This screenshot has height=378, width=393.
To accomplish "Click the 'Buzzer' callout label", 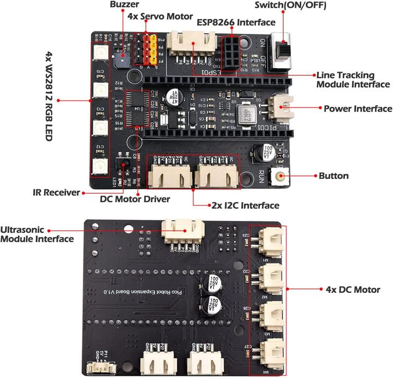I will [123, 5].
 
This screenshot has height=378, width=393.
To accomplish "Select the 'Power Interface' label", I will [358, 109].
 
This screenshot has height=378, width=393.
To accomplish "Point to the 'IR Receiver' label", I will [56, 193].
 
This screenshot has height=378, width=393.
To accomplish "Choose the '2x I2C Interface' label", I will [245, 206].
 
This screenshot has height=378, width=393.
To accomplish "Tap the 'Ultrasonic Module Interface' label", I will [38, 235].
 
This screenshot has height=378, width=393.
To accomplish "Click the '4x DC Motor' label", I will [352, 290].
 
